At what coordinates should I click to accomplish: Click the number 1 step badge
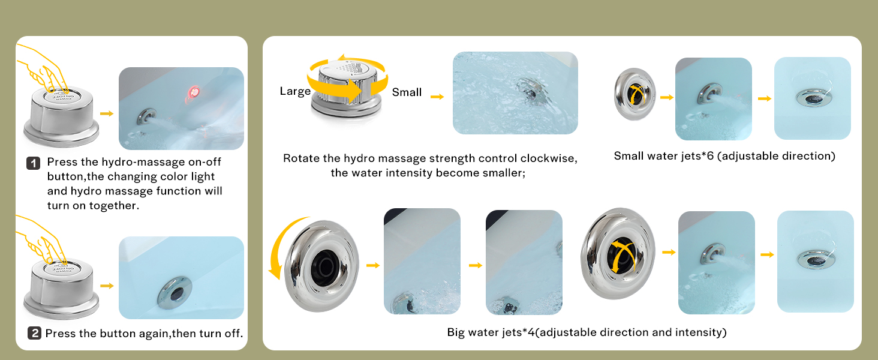click(x=34, y=163)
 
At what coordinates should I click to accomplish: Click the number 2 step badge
click(x=35, y=333)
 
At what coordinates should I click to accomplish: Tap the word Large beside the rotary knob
click(x=295, y=91)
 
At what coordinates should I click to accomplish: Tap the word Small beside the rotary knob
click(x=407, y=92)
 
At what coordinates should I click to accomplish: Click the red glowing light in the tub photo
click(x=193, y=93)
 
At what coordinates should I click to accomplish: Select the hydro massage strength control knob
click(x=346, y=89)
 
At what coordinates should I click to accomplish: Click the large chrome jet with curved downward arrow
click(x=321, y=266)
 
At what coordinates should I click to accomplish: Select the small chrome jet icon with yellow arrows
click(x=635, y=94)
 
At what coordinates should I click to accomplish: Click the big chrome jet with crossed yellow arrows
click(x=618, y=254)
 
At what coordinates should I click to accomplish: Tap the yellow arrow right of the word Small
click(x=437, y=97)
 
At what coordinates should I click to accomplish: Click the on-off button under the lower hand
click(x=62, y=288)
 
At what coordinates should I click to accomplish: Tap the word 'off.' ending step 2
click(x=234, y=334)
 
